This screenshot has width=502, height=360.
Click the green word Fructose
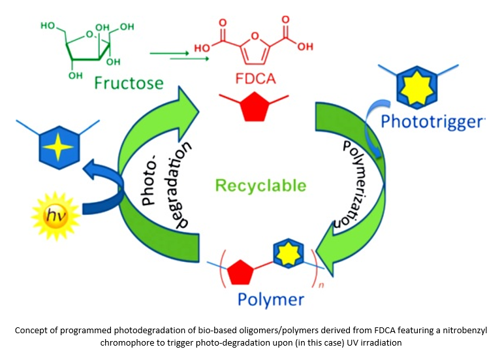(127, 83)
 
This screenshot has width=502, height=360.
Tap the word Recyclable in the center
(261, 185)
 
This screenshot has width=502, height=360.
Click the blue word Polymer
(270, 300)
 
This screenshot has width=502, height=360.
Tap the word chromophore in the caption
(127, 341)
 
